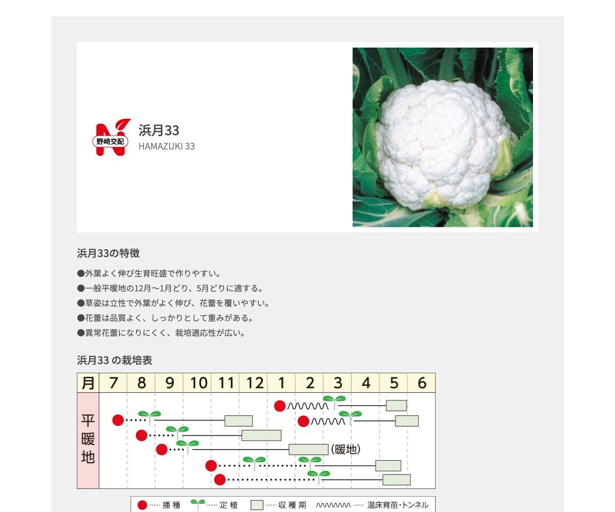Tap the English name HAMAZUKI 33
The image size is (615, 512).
tap(167, 146)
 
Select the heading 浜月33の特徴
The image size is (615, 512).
tap(108, 253)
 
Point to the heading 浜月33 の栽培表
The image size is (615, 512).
tap(114, 360)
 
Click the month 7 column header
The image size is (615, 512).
tap(113, 383)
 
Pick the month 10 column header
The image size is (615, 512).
tap(198, 383)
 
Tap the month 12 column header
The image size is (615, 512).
tap(254, 383)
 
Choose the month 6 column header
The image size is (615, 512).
tap(422, 383)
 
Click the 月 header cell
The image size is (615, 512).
tap(88, 383)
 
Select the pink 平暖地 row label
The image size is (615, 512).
tap(88, 440)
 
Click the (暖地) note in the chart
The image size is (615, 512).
tap(346, 450)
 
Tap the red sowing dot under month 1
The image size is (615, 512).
tap(280, 406)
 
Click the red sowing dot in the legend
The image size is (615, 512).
tap(142, 505)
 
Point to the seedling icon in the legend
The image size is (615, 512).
tap(197, 504)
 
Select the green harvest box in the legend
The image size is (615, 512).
tap(257, 505)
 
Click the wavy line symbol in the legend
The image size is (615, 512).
tap(333, 505)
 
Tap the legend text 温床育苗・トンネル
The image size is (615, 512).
tap(398, 505)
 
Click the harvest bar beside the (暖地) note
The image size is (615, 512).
tap(308, 450)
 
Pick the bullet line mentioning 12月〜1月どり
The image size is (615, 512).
tap(170, 288)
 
